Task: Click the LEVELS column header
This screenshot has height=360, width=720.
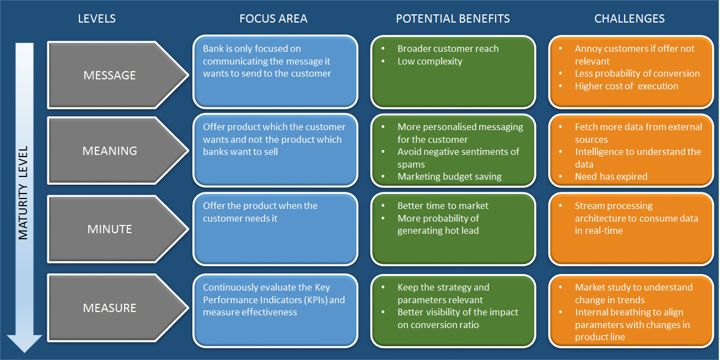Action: point(96,19)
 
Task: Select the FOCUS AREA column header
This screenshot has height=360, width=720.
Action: point(273,19)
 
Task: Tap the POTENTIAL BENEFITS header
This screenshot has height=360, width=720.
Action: point(453,19)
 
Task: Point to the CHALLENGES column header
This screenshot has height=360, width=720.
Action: point(629,19)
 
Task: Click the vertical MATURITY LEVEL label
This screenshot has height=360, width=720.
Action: point(23,192)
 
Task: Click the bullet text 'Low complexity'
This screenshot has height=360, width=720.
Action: point(429,61)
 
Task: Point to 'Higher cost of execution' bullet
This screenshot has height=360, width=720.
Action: point(626,86)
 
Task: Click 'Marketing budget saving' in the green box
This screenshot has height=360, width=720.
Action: point(449,176)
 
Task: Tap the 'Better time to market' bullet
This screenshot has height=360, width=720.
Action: point(443,206)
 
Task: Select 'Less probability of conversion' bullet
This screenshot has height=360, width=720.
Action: point(637,73)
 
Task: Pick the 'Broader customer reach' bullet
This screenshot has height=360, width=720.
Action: point(448,49)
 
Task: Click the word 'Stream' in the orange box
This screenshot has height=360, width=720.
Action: point(590,206)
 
